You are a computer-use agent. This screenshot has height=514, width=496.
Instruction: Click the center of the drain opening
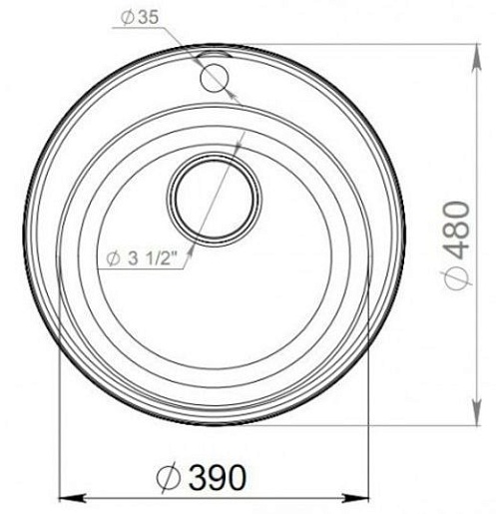coord(215,200)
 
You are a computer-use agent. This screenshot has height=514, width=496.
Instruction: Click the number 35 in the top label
coord(149,17)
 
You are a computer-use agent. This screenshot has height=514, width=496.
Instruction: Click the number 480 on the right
coord(459,231)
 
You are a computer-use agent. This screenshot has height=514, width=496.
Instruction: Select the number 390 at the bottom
coord(218,477)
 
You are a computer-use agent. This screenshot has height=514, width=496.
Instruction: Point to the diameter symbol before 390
coord(169,478)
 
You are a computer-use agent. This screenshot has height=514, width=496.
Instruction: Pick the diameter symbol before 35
coord(128,18)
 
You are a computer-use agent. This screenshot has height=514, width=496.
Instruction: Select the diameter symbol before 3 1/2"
coord(113,258)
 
